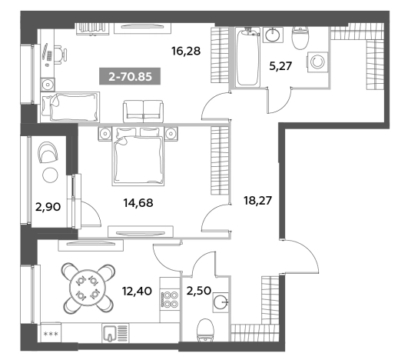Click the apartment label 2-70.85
pos(130,76)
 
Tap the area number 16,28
pos(186,52)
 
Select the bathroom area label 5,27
pos(280,66)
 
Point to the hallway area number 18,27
pos(257,200)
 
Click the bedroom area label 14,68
pos(138,203)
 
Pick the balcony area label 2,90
pos(48,207)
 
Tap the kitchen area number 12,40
pos(137,291)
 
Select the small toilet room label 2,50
pos(199,291)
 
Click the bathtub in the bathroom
pos(247,57)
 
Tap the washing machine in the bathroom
pos(317,62)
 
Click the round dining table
pos(88,288)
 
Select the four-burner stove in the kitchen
pos(169,299)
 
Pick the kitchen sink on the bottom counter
pos(115,332)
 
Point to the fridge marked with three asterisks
pos(51,332)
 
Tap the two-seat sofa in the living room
pos(143,112)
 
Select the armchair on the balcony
pos(48,152)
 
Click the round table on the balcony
pos(50,175)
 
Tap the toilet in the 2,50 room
pos(205,330)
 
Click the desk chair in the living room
pos(61,55)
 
